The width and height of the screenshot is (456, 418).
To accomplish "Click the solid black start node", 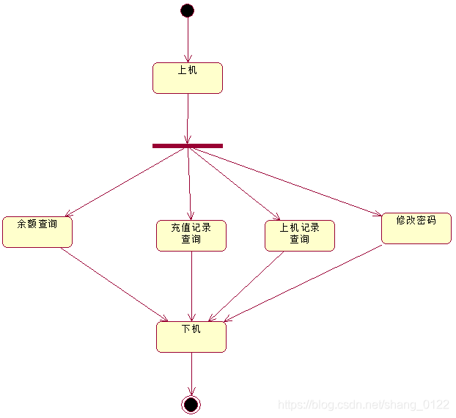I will [x=187, y=10].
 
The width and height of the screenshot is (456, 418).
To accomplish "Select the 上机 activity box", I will [x=188, y=78].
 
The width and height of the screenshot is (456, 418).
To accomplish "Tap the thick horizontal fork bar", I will [x=188, y=146].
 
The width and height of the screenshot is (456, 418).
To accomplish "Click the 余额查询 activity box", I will [x=37, y=232].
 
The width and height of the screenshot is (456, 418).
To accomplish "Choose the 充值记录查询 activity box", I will [x=191, y=235].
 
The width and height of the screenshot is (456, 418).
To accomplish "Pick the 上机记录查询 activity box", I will [x=300, y=235].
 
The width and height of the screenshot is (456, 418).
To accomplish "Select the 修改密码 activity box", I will [x=416, y=228].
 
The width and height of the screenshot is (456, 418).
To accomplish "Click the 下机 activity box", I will [x=191, y=337].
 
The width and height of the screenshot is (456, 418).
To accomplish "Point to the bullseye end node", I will [x=191, y=404].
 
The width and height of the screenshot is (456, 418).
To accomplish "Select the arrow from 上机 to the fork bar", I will [x=188, y=117].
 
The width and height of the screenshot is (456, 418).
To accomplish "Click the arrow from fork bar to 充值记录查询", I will [x=189, y=183].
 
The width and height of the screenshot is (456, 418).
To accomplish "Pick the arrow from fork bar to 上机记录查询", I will [x=233, y=183].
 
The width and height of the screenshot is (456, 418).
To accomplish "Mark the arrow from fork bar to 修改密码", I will [x=284, y=180].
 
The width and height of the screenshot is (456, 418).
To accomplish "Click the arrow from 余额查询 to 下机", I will [x=114, y=284].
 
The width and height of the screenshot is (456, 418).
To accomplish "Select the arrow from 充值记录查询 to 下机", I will [x=191, y=286].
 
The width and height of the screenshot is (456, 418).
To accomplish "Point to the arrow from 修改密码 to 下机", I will [x=303, y=282].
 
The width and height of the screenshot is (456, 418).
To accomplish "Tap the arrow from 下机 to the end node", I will [x=191, y=374].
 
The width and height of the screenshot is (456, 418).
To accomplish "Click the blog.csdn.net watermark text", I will [x=364, y=405].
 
